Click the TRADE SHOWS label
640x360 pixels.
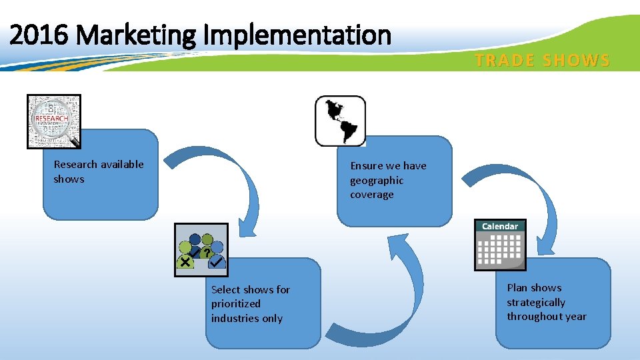coord(542,61)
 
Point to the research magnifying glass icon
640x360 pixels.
coord(54,121)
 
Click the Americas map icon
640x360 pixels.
coord(340,121)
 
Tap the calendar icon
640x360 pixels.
coord(500,245)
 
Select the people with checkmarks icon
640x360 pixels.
coord(201,250)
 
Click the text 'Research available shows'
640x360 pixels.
coord(98,171)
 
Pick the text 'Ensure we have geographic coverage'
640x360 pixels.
coord(387,180)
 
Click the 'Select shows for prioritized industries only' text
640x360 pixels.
coord(250,304)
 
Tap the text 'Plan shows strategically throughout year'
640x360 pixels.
coord(546,302)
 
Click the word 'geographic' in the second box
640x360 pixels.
coord(377,180)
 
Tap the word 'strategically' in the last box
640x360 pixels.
coord(535,302)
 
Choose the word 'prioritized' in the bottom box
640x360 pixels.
coord(236,304)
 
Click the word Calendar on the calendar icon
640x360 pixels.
coord(500,227)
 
